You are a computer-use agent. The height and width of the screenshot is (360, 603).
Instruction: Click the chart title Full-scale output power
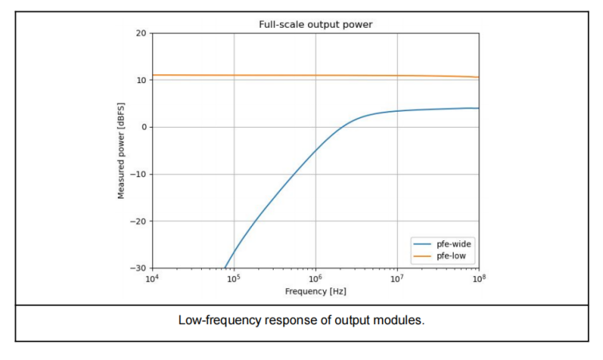tap(315, 24)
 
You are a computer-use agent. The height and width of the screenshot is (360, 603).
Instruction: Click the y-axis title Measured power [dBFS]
tap(121, 150)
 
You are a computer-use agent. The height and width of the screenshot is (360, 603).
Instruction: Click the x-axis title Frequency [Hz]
tap(315, 292)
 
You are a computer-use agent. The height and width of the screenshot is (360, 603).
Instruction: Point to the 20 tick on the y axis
tap(140, 34)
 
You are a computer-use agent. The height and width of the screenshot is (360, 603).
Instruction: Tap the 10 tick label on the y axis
tap(140, 81)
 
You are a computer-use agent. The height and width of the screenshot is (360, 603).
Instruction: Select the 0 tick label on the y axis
tap(143, 128)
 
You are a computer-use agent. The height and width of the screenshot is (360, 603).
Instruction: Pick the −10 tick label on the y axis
tap(138, 175)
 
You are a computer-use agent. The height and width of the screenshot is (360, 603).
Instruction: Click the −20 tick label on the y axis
tap(138, 222)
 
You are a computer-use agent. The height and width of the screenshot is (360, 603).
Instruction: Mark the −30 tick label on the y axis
tap(138, 269)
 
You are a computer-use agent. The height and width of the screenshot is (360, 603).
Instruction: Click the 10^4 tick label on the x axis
tap(152, 279)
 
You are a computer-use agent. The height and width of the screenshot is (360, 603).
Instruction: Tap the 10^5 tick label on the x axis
tap(234, 279)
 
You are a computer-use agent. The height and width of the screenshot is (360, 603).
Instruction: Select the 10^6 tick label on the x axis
tap(316, 279)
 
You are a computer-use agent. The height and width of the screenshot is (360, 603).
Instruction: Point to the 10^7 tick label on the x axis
tap(397, 279)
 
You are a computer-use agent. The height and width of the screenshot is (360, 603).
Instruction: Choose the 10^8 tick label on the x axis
tap(479, 279)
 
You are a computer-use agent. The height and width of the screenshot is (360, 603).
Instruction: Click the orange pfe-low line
tap(319, 75)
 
